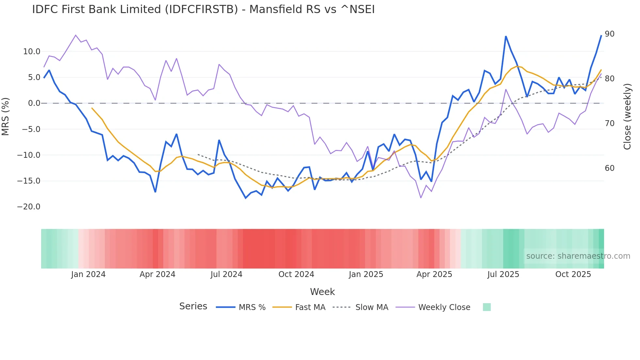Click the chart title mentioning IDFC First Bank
(x=203, y=9)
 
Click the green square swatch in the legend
(x=487, y=307)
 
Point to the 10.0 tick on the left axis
(x=32, y=52)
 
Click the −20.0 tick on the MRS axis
(x=29, y=207)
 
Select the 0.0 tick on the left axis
(x=34, y=103)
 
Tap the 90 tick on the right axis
(x=609, y=34)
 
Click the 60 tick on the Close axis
(x=609, y=168)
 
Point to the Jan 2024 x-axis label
(x=88, y=274)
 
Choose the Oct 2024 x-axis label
(x=296, y=274)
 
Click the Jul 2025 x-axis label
(x=503, y=274)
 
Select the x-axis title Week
(x=322, y=292)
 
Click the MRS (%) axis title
(x=6, y=116)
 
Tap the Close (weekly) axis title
(x=627, y=117)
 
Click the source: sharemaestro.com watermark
(x=578, y=256)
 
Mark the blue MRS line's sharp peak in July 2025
(x=505, y=36)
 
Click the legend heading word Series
(x=193, y=306)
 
